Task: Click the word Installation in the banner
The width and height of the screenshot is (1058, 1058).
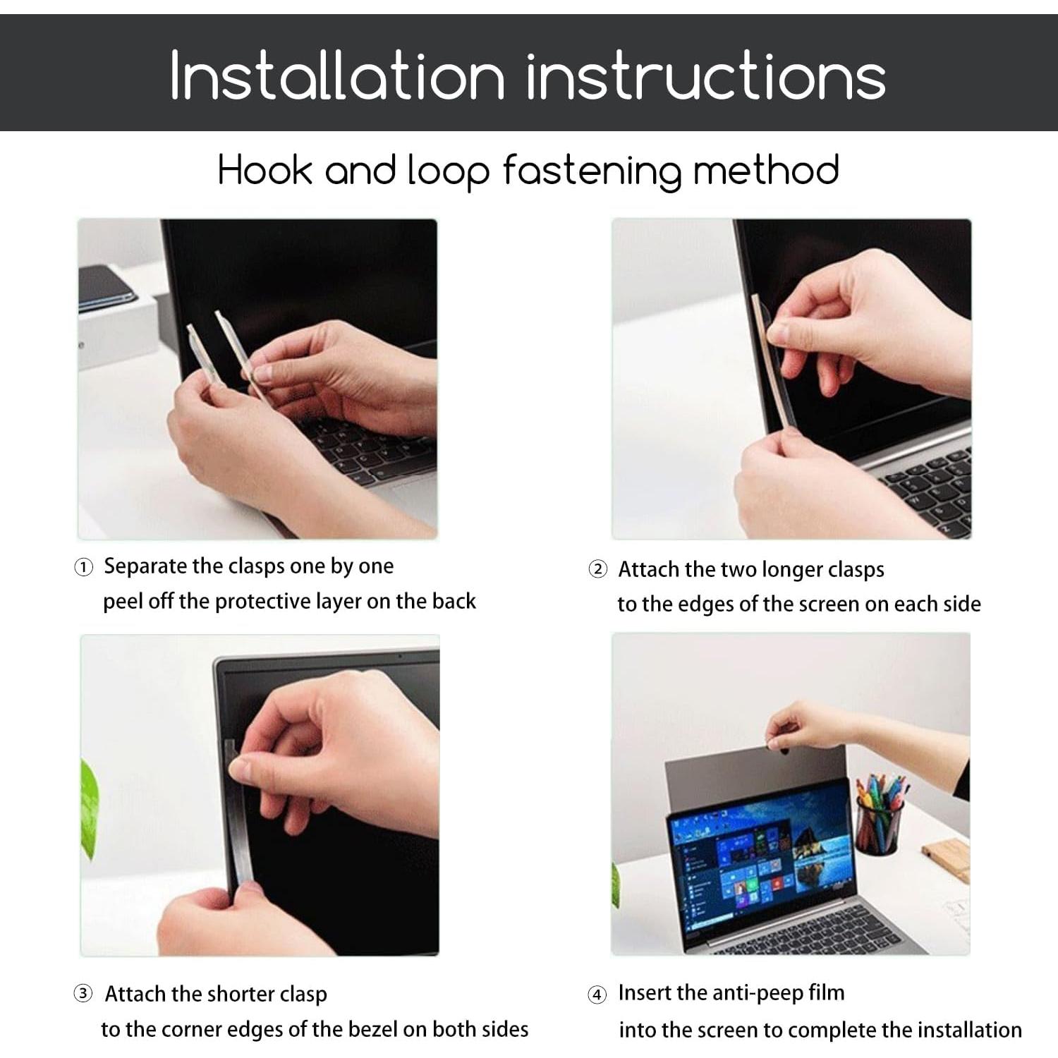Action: click(337, 75)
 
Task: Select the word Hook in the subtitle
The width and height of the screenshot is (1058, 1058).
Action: click(264, 170)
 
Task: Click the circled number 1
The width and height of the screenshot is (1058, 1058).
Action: click(83, 568)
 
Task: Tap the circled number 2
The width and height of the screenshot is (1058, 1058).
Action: click(597, 570)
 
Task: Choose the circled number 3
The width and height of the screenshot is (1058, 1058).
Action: click(83, 995)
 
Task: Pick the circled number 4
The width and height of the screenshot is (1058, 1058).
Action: click(597, 995)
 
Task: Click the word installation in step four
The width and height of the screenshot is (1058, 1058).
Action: click(968, 1030)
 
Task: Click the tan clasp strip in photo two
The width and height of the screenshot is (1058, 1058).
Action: click(770, 363)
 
